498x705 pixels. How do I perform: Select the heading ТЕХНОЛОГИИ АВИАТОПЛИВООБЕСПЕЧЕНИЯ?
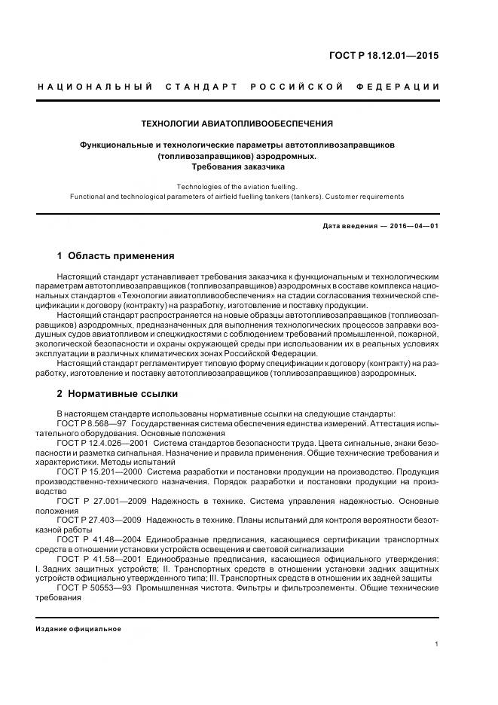coord(237,123)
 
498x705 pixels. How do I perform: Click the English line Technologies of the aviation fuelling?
coord(237,186)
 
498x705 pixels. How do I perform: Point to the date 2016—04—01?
coord(411,225)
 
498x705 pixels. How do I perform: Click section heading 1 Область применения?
coord(115,255)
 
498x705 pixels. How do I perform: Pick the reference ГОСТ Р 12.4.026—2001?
coord(102,444)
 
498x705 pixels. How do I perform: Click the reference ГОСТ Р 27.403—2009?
coord(101,519)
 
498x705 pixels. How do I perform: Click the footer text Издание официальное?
coord(78,628)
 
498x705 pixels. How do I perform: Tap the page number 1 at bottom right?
coord(437,643)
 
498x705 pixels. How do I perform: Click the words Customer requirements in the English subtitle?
coord(367,197)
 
